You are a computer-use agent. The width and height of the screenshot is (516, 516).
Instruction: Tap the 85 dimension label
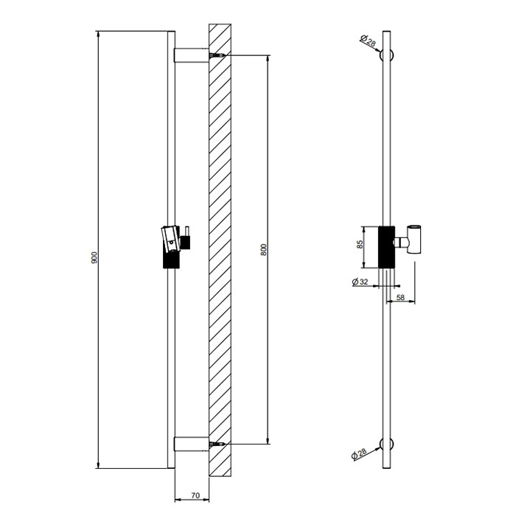coord(360,245)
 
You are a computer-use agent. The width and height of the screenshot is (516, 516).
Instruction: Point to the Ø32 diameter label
coord(361,282)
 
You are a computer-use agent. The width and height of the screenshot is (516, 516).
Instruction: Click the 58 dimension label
coord(400,297)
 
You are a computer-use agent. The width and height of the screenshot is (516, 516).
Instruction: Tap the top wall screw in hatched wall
coord(215,56)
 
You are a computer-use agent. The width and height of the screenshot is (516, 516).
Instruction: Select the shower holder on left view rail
coord(172,236)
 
